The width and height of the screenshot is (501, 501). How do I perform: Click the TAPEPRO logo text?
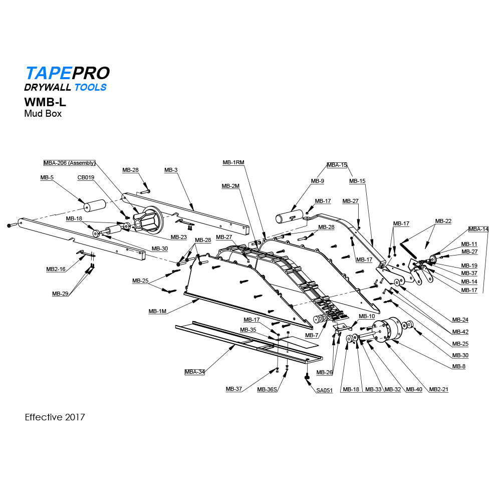pyautogui.click(x=67, y=73)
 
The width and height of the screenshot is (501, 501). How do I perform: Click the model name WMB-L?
pyautogui.click(x=45, y=102)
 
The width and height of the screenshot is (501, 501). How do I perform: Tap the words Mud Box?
pyautogui.click(x=43, y=113)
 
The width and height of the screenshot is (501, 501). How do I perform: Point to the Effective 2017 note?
pyautogui.click(x=55, y=417)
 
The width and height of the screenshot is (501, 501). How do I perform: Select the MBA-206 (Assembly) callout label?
pyautogui.click(x=69, y=163)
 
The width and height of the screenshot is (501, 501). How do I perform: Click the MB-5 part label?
pyautogui.click(x=47, y=177)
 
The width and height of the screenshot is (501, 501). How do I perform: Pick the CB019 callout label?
pyautogui.click(x=86, y=177)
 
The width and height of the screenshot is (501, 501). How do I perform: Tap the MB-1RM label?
pyautogui.click(x=233, y=162)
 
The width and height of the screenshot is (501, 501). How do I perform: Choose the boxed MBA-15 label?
pyautogui.click(x=337, y=165)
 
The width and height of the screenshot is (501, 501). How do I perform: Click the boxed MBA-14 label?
pyautogui.click(x=478, y=229)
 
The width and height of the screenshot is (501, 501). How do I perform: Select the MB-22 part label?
pyautogui.click(x=443, y=221)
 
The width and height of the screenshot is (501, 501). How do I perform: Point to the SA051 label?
pyautogui.click(x=324, y=390)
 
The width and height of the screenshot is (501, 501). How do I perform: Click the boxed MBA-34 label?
pyautogui.click(x=194, y=372)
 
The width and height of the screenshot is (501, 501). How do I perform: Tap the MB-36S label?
pyautogui.click(x=267, y=389)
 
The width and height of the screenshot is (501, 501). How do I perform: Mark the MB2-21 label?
pyautogui.click(x=438, y=389)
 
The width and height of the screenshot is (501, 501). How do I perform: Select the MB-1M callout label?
pyautogui.click(x=157, y=311)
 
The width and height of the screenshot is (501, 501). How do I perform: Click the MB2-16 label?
pyautogui.click(x=56, y=269)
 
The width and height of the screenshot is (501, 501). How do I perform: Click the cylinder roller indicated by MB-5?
pyautogui.click(x=95, y=205)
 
